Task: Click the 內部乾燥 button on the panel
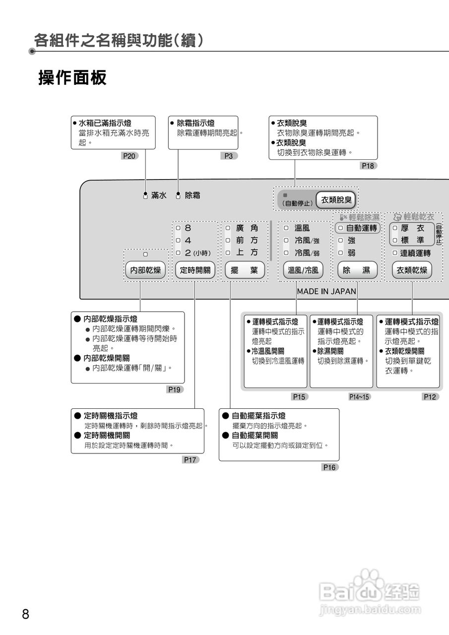pyautogui.click(x=145, y=270)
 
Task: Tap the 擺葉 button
pyautogui.click(x=245, y=270)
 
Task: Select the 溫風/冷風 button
pyautogui.click(x=303, y=270)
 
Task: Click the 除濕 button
pyautogui.click(x=357, y=270)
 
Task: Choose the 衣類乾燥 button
pyautogui.click(x=412, y=270)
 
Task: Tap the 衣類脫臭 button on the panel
pyautogui.click(x=336, y=200)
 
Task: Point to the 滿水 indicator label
pyautogui.click(x=159, y=195)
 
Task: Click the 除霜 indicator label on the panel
pyautogui.click(x=192, y=195)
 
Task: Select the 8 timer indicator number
pyautogui.click(x=188, y=228)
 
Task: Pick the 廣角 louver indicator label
pyautogui.click(x=247, y=228)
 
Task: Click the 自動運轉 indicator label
pyautogui.click(x=361, y=228)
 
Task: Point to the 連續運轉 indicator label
pyautogui.click(x=415, y=253)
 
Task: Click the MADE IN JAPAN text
pyautogui.click(x=326, y=292)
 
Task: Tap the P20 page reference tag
pyautogui.click(x=129, y=156)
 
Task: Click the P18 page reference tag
pyautogui.click(x=368, y=166)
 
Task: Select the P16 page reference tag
pyautogui.click(x=329, y=467)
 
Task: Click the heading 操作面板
pyautogui.click(x=72, y=78)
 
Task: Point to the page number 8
pyautogui.click(x=26, y=614)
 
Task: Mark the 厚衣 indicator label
pyautogui.click(x=412, y=228)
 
